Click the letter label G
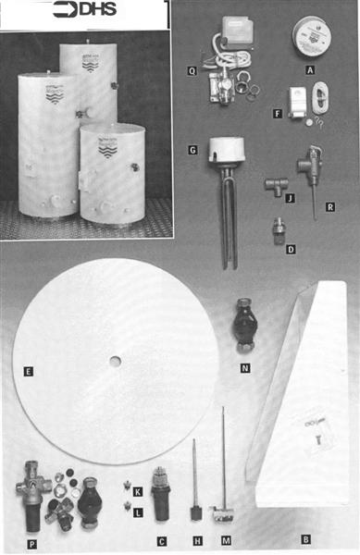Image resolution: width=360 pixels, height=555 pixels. [x=193, y=150]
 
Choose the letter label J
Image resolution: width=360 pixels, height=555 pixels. [x=290, y=197]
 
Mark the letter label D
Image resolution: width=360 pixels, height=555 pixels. [x=291, y=249]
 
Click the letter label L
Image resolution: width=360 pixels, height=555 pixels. [x=138, y=512]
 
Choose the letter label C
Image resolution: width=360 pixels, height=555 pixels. [x=162, y=540]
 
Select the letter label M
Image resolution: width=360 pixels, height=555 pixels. [x=226, y=540]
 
